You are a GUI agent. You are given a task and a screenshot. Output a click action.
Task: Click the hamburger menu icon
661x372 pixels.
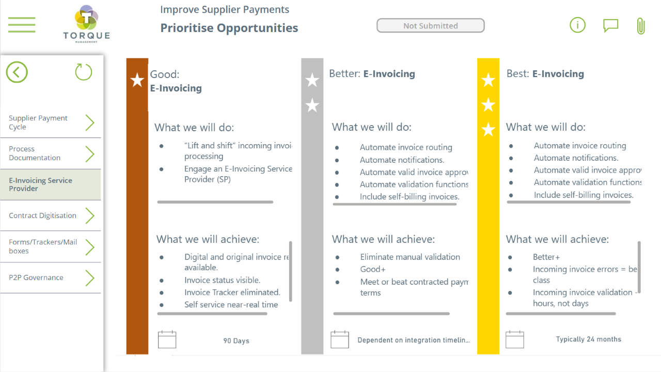[x=22, y=25]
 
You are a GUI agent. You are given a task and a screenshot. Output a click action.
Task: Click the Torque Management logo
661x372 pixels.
[x=86, y=24]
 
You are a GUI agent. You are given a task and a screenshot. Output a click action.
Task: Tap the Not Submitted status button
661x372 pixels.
[x=430, y=26]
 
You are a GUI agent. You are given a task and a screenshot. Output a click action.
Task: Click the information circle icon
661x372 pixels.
[x=577, y=25]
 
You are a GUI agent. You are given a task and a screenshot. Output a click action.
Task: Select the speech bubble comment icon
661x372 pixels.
[x=610, y=25]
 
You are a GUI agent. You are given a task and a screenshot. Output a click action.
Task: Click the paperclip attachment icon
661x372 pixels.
[x=641, y=26]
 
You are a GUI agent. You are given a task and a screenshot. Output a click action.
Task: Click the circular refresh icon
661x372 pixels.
[x=84, y=72]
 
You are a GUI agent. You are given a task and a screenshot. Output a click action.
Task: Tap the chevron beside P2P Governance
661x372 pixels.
[x=90, y=278]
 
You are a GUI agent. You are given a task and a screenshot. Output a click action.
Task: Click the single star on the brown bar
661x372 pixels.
[x=137, y=80]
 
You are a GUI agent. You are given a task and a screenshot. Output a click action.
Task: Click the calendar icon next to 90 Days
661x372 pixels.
[x=167, y=339]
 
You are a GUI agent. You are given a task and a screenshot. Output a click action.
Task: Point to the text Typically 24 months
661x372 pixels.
[x=588, y=339]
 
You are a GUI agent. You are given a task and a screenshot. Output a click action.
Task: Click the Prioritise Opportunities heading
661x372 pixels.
[x=229, y=28]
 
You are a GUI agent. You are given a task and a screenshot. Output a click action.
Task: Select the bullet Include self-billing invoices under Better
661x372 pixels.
[x=409, y=197]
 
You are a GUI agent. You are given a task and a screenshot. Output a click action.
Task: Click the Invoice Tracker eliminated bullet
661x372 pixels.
[x=232, y=292]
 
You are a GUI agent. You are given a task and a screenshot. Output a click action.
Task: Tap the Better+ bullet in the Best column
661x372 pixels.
[x=546, y=257]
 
